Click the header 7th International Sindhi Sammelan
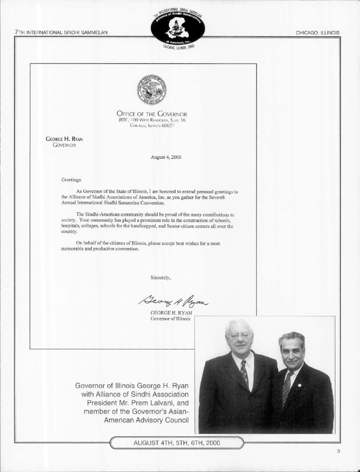coord(61,33)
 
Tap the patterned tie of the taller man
coord(243,372)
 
